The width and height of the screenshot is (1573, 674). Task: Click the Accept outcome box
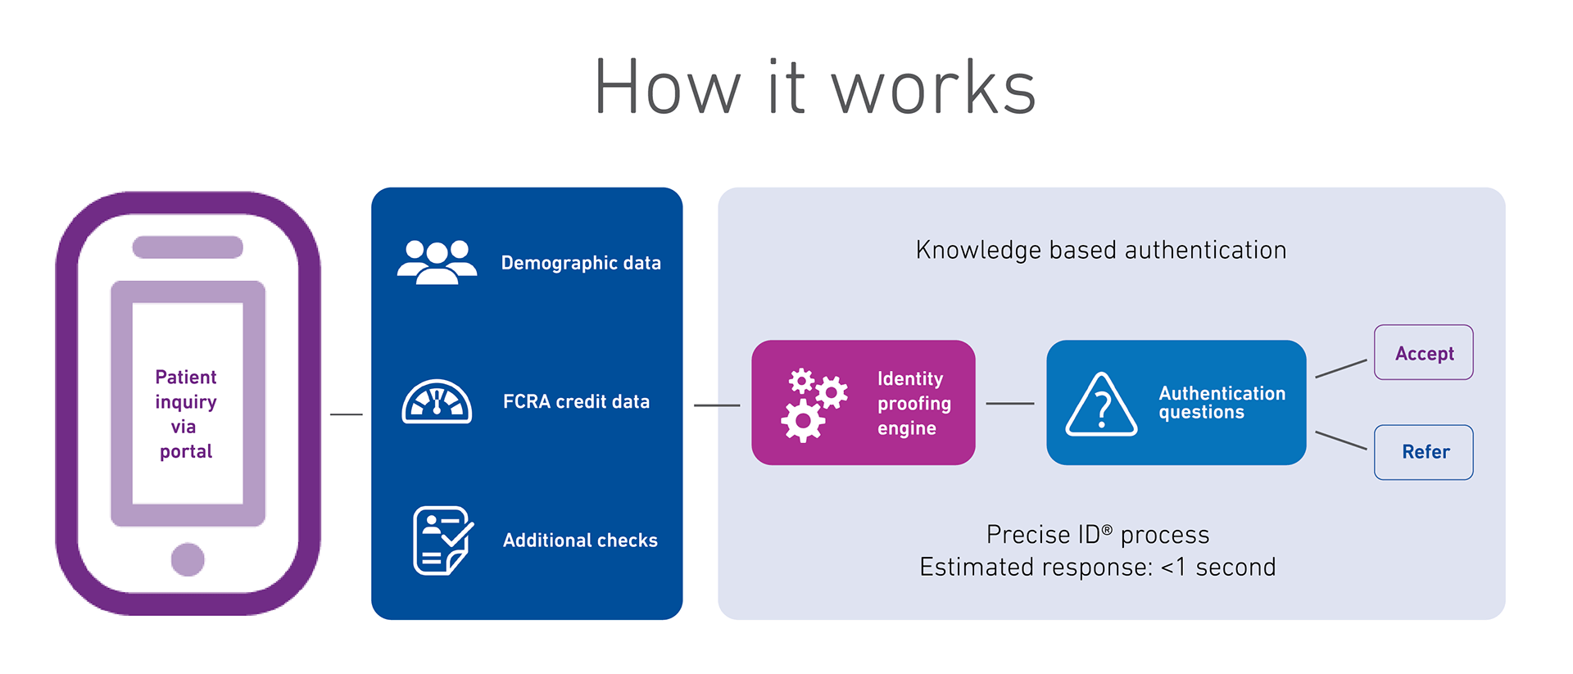[1423, 353]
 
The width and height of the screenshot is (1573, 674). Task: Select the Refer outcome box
[1423, 452]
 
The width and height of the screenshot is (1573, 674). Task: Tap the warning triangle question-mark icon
[1101, 405]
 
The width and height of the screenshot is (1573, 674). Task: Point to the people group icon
[437, 262]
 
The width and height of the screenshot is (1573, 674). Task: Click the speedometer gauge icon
[437, 401]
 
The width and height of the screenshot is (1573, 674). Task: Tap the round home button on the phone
[188, 559]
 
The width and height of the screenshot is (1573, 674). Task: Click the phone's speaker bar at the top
[188, 247]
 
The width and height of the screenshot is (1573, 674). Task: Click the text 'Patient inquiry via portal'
[186, 414]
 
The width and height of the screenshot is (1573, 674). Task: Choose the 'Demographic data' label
[581, 263]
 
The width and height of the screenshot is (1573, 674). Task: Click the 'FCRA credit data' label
[576, 401]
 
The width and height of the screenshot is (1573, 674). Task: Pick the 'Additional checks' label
[580, 541]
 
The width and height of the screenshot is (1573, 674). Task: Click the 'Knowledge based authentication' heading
[1101, 250]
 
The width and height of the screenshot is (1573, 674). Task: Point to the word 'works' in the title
[934, 88]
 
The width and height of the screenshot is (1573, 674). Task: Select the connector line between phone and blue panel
[346, 414]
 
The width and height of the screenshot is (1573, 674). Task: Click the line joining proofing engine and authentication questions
[1010, 404]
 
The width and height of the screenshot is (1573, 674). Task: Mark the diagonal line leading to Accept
[1341, 369]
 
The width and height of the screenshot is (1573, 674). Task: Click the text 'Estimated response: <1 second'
[1098, 567]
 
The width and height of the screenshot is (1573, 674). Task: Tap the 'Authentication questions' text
[1222, 402]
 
